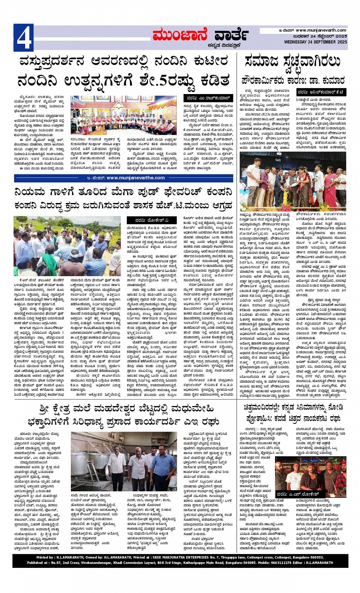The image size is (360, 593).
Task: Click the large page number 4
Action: (x=24, y=38)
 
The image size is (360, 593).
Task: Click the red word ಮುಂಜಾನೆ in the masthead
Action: (x=179, y=35)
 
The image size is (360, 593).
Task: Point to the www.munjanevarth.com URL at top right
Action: (x=321, y=30)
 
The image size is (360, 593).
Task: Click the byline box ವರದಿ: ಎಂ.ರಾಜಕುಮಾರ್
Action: (x=208, y=98)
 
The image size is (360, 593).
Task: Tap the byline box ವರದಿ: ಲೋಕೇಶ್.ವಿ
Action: (x=157, y=220)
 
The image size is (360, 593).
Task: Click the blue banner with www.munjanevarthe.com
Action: (x=123, y=178)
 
